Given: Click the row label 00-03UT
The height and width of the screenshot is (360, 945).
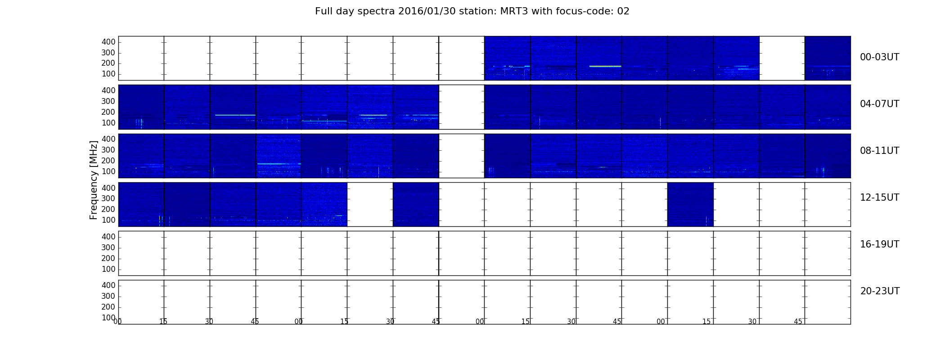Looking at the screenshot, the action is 879,57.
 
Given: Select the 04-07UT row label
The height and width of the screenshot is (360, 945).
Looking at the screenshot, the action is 879,104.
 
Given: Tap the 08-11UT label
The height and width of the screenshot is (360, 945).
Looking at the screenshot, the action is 879,151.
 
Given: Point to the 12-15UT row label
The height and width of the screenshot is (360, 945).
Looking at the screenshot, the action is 879,198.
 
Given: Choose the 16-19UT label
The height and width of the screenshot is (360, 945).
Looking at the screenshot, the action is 879,244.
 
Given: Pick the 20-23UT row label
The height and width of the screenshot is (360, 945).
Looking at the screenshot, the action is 880,291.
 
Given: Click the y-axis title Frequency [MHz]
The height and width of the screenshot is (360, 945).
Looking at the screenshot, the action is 94,180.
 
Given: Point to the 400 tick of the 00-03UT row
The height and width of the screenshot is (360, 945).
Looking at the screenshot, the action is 108,42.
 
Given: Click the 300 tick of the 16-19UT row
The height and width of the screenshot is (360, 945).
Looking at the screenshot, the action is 108,247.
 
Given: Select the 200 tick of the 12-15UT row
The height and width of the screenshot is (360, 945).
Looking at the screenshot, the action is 108,209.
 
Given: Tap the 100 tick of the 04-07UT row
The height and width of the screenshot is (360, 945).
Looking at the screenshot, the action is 108,123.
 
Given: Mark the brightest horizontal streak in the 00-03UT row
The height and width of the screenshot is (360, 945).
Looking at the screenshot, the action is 605,66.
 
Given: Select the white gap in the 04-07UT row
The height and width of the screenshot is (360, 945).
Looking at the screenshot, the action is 462,107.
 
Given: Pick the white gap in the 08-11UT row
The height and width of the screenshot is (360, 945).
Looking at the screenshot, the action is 462,156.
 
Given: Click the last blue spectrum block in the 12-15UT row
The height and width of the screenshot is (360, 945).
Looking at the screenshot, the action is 690,204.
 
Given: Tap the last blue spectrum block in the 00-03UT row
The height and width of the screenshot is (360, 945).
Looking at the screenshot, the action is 828,58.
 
